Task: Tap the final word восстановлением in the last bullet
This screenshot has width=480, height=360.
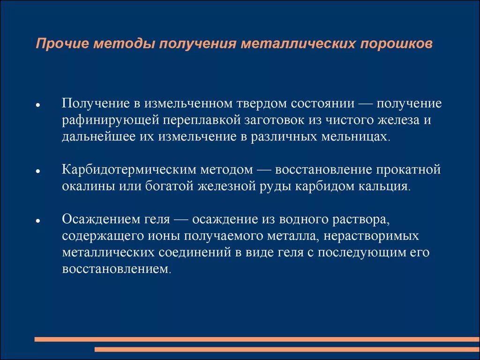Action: (114, 270)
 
